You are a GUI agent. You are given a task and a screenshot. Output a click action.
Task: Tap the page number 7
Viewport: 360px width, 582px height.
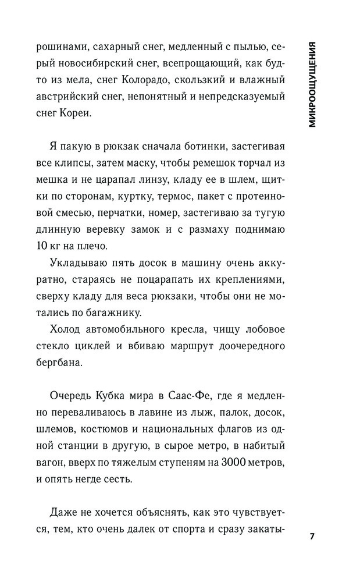(312, 536)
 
